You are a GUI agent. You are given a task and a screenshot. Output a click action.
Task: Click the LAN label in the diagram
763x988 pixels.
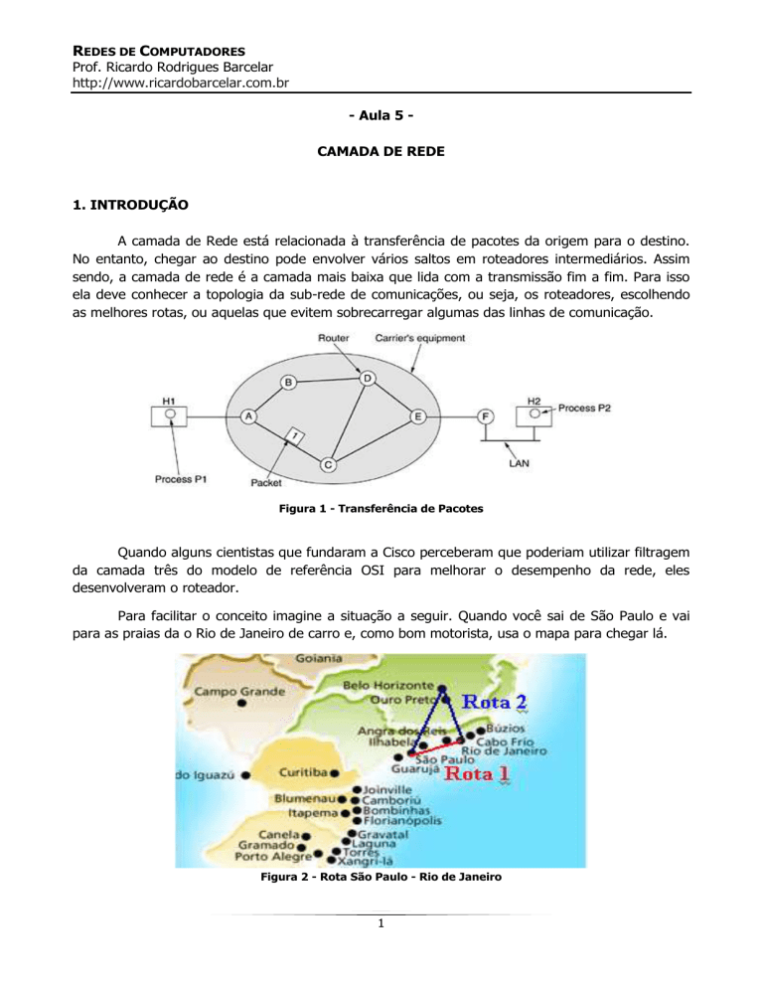click(x=518, y=461)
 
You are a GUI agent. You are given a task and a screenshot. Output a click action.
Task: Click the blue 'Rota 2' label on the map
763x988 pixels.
click(x=493, y=704)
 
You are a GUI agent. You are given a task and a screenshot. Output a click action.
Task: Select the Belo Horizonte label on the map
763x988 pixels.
click(x=388, y=686)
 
